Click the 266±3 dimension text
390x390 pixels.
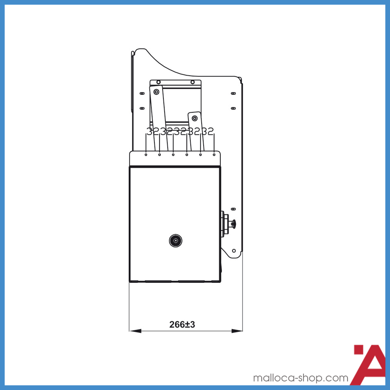(182, 324)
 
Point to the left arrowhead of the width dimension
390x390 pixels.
(135, 331)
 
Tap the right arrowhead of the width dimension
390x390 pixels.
(237, 331)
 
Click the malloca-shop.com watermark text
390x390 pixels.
(301, 378)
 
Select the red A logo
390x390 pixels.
(369, 365)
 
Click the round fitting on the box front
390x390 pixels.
(176, 241)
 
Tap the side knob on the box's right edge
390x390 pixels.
(233, 223)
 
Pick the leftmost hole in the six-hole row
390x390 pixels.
(146, 155)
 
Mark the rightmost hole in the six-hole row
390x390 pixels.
(214, 155)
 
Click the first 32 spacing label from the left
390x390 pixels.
(153, 131)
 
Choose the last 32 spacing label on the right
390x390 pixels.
(207, 131)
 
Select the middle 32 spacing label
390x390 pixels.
(180, 131)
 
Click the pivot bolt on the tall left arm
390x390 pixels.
(156, 92)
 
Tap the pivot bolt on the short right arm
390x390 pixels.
(195, 118)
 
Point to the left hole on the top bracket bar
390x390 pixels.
(158, 82)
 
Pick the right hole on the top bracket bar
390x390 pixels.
(192, 82)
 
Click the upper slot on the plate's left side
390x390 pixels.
(142, 94)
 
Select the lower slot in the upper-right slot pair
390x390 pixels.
(233, 108)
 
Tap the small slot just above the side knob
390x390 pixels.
(233, 209)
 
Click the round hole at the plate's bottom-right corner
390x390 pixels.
(234, 251)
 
